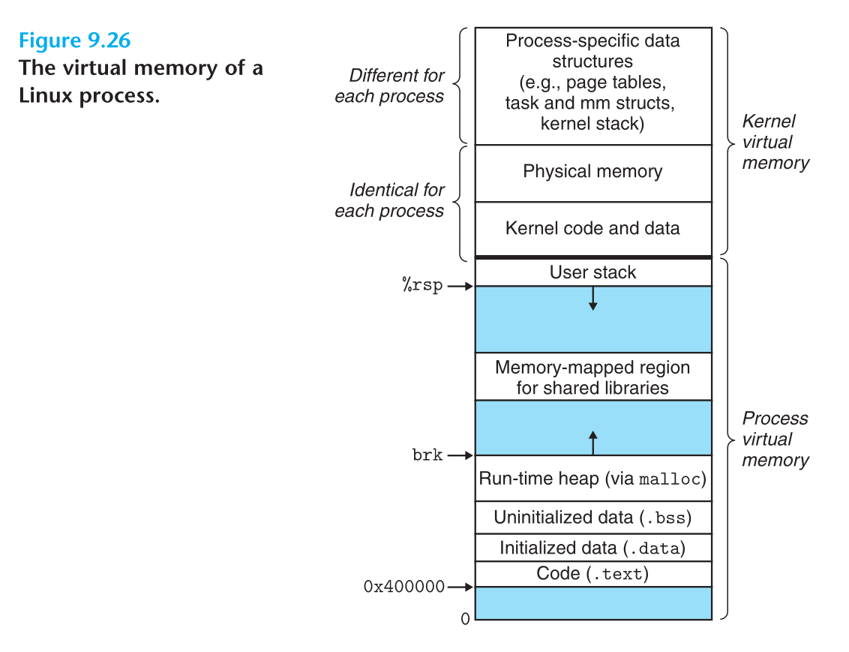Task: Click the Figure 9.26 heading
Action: tap(75, 40)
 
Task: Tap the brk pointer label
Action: tap(427, 455)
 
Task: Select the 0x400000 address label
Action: tap(404, 587)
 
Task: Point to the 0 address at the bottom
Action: tap(465, 619)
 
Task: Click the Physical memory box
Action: tap(592, 172)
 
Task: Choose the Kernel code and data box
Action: tap(592, 228)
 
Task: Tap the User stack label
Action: tap(592, 272)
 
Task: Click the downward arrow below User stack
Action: tap(593, 299)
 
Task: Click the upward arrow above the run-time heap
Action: tap(593, 443)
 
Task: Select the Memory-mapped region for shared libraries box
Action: tap(592, 377)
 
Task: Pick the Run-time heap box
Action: tap(592, 478)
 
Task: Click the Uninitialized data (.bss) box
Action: tap(592, 518)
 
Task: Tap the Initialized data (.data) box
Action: tap(592, 548)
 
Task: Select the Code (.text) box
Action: tap(592, 574)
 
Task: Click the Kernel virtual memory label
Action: tap(775, 142)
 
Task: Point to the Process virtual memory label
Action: tap(775, 439)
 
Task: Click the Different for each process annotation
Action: tap(390, 86)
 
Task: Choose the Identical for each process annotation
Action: tap(390, 200)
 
